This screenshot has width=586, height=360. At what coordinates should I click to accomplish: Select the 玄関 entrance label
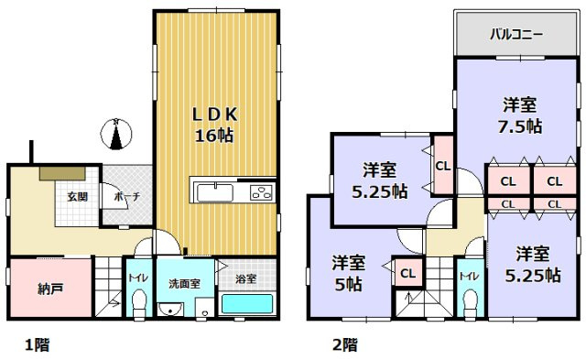tap(76, 195)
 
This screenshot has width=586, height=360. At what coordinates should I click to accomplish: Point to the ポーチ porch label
tap(126, 195)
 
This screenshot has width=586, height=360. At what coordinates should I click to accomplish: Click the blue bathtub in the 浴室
tap(248, 305)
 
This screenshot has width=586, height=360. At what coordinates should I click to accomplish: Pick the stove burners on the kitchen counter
tap(260, 192)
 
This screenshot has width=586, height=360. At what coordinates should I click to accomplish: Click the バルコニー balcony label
tap(515, 35)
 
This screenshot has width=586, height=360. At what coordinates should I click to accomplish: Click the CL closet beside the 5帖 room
tap(407, 273)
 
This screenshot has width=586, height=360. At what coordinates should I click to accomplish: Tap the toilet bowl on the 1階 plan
tap(138, 303)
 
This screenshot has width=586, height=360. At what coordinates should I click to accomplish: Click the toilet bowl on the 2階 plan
tap(470, 302)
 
